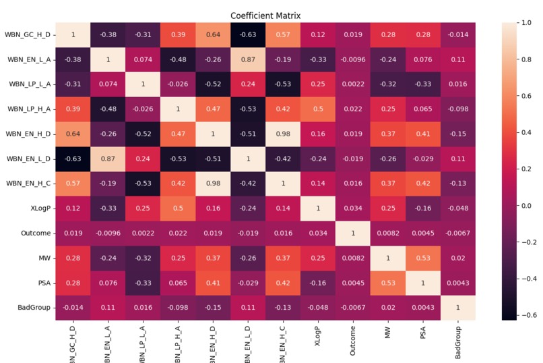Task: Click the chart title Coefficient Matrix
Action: [265, 16]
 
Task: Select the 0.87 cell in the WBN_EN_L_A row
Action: [248, 59]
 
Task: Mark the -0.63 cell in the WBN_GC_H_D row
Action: [248, 34]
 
